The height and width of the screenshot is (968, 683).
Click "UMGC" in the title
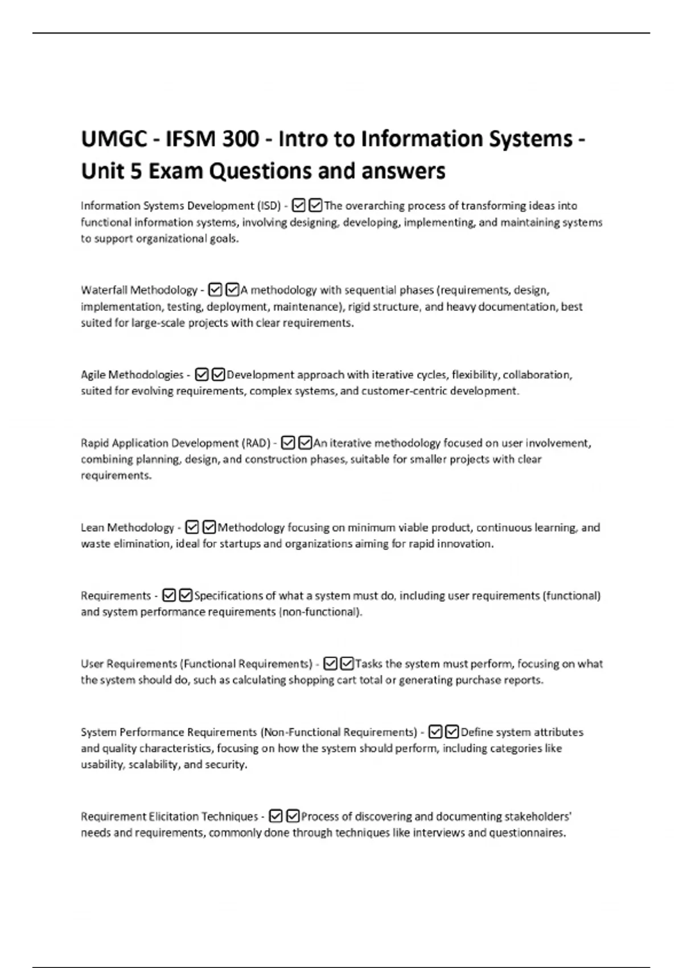click(x=114, y=139)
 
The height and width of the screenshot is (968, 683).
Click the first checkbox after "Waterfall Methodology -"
click(x=215, y=290)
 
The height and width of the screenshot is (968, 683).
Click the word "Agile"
click(x=93, y=375)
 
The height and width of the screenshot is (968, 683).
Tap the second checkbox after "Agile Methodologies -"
click(x=218, y=375)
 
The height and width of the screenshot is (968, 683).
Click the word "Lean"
click(x=93, y=528)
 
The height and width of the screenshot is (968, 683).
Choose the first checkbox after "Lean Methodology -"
click(x=192, y=528)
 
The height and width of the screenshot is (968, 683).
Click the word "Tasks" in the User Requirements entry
click(x=369, y=664)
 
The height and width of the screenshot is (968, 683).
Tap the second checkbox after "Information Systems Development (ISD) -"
click(x=315, y=206)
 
